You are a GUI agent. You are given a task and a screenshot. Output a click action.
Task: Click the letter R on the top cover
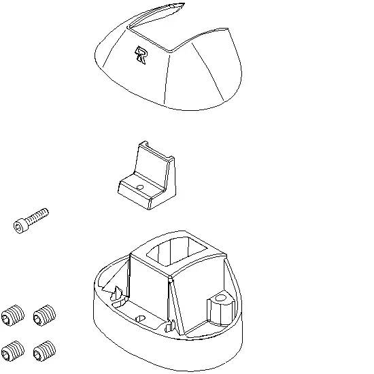(x=141, y=55)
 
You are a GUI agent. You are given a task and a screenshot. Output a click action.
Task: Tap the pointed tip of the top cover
(x=184, y=3)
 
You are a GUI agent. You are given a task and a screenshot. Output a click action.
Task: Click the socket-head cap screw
(x=31, y=220)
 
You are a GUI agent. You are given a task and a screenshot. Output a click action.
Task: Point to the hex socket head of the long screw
(x=19, y=227)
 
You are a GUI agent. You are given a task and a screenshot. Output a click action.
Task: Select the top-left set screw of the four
(x=13, y=315)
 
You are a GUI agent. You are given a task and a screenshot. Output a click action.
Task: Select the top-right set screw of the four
(x=45, y=315)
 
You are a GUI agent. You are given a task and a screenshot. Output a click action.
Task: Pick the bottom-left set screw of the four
(x=13, y=351)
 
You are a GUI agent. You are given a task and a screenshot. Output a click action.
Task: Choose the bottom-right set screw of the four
(x=45, y=351)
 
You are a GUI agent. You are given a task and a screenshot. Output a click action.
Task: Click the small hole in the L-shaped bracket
(x=140, y=187)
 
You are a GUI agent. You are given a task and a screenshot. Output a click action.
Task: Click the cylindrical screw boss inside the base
(x=220, y=308)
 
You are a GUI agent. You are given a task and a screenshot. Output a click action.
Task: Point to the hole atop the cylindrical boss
(x=220, y=298)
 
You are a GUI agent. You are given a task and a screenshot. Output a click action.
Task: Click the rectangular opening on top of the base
(x=176, y=252)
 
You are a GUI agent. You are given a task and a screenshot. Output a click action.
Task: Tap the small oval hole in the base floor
(x=140, y=318)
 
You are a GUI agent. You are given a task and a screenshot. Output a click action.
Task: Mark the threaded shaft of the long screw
(x=37, y=215)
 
